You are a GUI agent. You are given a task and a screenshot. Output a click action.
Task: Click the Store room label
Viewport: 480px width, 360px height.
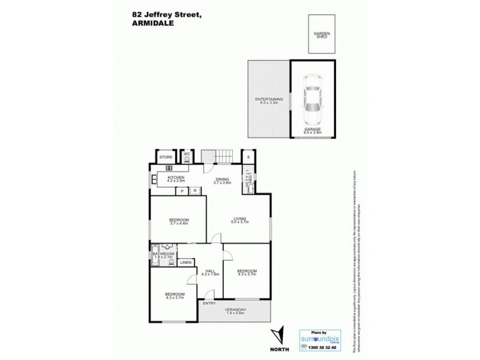pyautogui.click(x=166, y=157)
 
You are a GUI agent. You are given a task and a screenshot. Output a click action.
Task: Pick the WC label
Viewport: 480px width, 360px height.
pyautogui.click(x=187, y=154)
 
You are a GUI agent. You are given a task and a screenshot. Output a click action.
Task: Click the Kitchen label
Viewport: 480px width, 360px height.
pyautogui.click(x=175, y=178)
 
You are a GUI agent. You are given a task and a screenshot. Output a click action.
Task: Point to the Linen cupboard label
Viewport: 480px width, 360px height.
pyautogui.click(x=185, y=263)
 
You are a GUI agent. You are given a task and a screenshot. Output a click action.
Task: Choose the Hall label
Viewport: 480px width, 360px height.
pyautogui.click(x=210, y=271)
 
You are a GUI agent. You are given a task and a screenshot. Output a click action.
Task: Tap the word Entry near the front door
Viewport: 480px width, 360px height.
pyautogui.click(x=209, y=303)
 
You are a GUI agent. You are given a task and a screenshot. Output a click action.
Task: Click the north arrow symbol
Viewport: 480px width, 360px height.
pyautogui.click(x=275, y=334)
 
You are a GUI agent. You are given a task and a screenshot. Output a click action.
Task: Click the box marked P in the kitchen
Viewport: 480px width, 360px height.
pyautogui.click(x=182, y=191)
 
